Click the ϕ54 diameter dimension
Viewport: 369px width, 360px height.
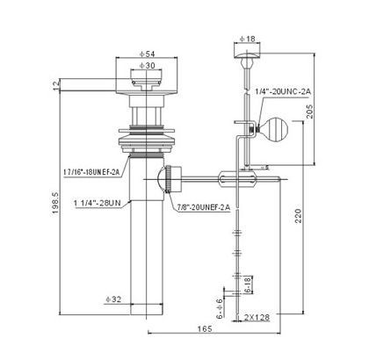[147, 54]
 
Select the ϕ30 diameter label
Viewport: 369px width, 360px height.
[147, 66]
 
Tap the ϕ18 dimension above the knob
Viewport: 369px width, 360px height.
[248, 39]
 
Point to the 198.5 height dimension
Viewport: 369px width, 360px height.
[55, 203]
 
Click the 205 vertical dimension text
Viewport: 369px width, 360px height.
[309, 112]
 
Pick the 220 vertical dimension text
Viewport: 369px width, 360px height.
[298, 216]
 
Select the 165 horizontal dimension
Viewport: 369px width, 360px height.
[205, 329]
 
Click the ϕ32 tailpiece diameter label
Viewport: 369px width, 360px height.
[113, 299]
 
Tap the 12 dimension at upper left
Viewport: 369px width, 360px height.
[55, 84]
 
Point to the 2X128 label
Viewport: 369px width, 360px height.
[257, 317]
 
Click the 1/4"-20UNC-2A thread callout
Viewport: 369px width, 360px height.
[283, 91]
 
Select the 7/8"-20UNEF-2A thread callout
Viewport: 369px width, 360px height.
[204, 207]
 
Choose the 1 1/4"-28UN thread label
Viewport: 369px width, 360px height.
[98, 203]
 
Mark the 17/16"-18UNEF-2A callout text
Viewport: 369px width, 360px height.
[91, 172]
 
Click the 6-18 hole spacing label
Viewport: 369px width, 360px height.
[248, 284]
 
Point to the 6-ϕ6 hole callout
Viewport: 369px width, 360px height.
[220, 308]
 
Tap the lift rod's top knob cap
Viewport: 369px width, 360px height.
[248, 56]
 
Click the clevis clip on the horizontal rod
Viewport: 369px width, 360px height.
[237, 178]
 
